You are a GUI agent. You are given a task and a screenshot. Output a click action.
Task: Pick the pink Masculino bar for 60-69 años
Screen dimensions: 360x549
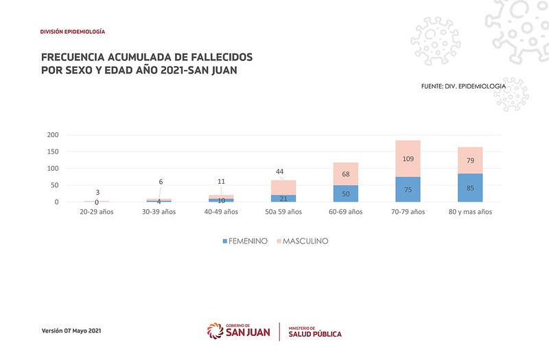pyautogui.click(x=345, y=173)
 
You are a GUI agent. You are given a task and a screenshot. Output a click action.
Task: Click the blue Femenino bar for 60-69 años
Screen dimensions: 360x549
pyautogui.click(x=345, y=193)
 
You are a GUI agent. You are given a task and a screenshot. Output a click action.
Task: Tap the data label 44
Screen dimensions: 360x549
pyautogui.click(x=279, y=171)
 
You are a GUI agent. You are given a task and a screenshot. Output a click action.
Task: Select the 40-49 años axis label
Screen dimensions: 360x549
pyautogui.click(x=221, y=212)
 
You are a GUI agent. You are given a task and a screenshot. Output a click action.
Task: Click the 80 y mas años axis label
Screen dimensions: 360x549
pyautogui.click(x=470, y=212)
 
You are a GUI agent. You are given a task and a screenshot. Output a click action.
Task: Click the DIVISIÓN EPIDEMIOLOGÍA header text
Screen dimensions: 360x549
pyautogui.click(x=73, y=32)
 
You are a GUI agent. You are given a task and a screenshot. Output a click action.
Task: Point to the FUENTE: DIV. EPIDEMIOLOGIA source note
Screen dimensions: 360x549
pyautogui.click(x=464, y=86)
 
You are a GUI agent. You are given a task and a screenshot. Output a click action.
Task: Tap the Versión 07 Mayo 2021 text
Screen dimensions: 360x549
pyautogui.click(x=71, y=331)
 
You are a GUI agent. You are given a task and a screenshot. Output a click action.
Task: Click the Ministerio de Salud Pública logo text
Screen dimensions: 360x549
pyautogui.click(x=315, y=331)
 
